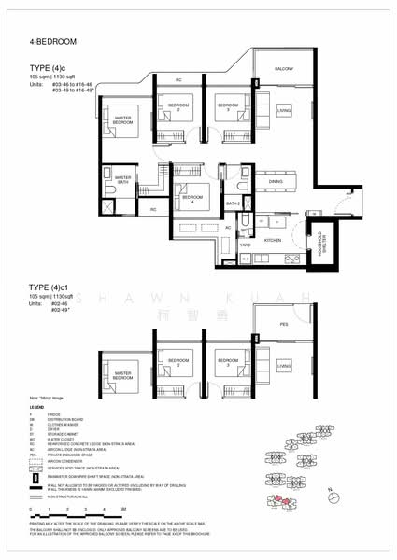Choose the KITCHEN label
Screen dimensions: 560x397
pyautogui.click(x=273, y=241)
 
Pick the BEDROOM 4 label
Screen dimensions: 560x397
pyautogui.click(x=190, y=199)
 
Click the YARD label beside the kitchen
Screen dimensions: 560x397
pyautogui.click(x=244, y=245)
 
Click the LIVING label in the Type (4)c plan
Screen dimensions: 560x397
pyautogui.click(x=284, y=110)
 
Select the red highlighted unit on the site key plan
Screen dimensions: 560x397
pyautogui.click(x=277, y=501)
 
